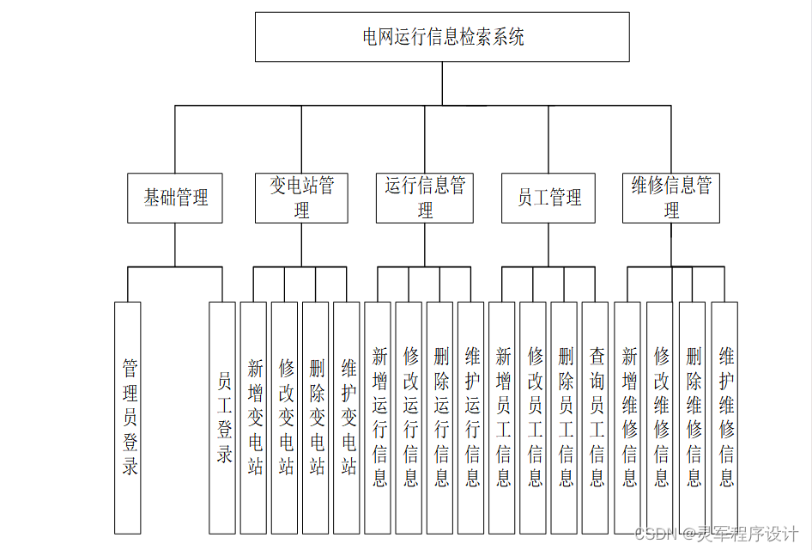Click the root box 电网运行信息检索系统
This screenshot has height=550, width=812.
(442, 37)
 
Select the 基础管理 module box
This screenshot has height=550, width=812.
(175, 199)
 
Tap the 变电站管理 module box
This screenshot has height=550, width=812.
(301, 199)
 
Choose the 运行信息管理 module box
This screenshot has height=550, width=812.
(425, 199)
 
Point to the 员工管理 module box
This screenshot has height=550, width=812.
(548, 199)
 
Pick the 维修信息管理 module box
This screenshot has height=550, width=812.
(671, 199)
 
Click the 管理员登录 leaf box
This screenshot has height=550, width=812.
(128, 418)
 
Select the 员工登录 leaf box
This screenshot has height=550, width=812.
(222, 418)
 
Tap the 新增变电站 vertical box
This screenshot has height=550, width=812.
(254, 418)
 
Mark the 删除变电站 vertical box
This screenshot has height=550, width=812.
(316, 418)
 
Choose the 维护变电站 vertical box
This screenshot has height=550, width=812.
(347, 418)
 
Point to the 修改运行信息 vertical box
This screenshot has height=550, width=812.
(409, 418)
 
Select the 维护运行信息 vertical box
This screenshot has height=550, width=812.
(471, 418)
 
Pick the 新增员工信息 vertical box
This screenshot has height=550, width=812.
(502, 418)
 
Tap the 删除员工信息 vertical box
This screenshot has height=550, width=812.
(564, 418)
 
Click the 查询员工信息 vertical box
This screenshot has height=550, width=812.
(595, 418)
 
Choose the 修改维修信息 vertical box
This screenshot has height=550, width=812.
(660, 418)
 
